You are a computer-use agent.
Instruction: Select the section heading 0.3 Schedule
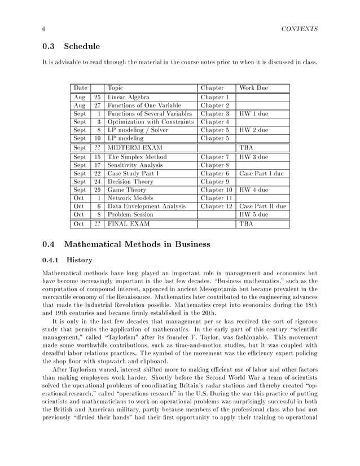pyautogui.click(x=71, y=46)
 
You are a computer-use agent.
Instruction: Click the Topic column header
pyautogui.click(x=115, y=88)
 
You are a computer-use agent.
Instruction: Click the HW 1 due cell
pyautogui.click(x=253, y=113)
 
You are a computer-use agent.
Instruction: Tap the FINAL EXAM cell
pyautogui.click(x=129, y=224)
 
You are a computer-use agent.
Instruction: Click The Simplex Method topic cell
pyautogui.click(x=137, y=157)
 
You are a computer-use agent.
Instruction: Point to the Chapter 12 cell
pyautogui.click(x=217, y=206)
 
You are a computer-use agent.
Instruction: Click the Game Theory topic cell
pyautogui.click(x=126, y=190)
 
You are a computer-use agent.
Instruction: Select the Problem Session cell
pyautogui.click(x=130, y=215)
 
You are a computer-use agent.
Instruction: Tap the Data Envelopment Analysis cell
pyautogui.click(x=146, y=206)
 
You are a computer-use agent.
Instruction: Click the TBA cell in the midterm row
pyautogui.click(x=247, y=148)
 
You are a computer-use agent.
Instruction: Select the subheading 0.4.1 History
pyautogui.click(x=67, y=260)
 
